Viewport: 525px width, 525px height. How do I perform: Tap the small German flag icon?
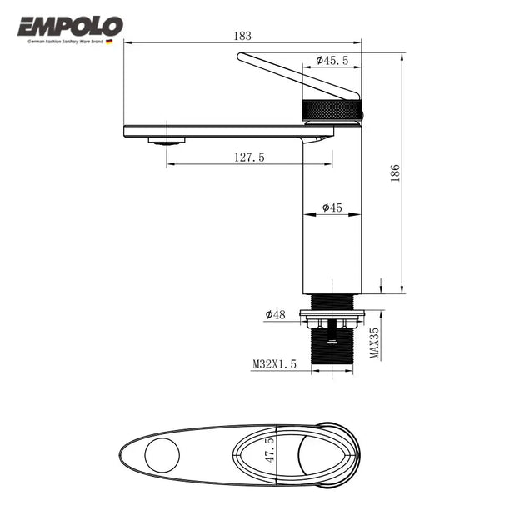[109, 40]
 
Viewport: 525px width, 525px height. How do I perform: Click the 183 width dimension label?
[242, 36]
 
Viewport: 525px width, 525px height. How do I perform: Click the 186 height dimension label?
[395, 172]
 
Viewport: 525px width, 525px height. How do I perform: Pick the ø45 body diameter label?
[332, 207]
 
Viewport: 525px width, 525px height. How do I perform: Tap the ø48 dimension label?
[276, 314]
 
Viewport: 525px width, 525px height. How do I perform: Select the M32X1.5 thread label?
[274, 363]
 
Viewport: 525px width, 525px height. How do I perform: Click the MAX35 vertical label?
[375, 342]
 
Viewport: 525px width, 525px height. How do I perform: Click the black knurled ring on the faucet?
[332, 109]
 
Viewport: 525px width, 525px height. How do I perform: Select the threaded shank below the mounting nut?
[332, 348]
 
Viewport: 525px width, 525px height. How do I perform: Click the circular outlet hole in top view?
[162, 454]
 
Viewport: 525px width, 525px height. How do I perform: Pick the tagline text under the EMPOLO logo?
[66, 40]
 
